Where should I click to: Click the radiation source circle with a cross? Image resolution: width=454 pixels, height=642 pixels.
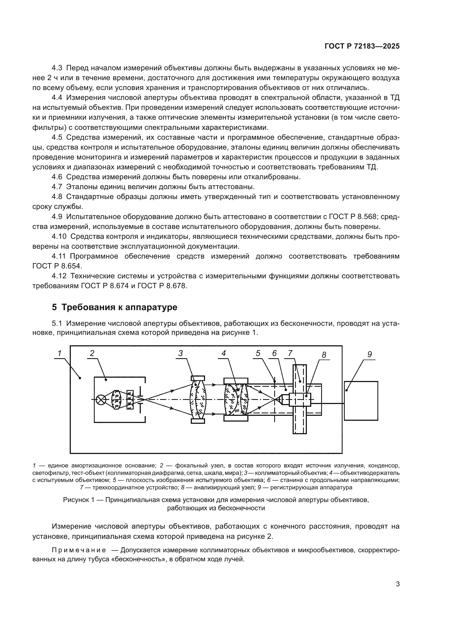101,400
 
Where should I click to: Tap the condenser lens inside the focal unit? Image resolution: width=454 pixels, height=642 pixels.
116,400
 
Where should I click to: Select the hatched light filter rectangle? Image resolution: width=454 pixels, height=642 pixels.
130,400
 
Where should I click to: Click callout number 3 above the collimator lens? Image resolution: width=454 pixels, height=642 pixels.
181,354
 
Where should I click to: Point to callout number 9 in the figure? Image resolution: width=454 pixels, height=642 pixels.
369,355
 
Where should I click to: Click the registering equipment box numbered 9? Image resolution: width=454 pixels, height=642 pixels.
361,401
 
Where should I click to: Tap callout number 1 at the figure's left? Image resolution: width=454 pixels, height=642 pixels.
59,354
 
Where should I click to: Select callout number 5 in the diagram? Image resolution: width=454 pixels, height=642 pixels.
258,354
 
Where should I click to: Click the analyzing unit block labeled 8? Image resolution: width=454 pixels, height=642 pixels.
300,400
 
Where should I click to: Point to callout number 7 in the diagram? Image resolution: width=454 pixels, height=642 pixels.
290,354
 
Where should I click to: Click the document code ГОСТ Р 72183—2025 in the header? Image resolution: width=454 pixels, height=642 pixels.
362,46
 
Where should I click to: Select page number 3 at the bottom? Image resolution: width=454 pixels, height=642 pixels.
397,584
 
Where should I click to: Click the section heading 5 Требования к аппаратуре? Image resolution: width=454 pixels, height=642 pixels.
115,307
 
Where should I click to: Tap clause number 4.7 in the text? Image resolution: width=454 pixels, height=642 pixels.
57,186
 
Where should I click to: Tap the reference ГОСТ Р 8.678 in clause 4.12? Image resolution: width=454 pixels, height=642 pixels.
162,286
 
